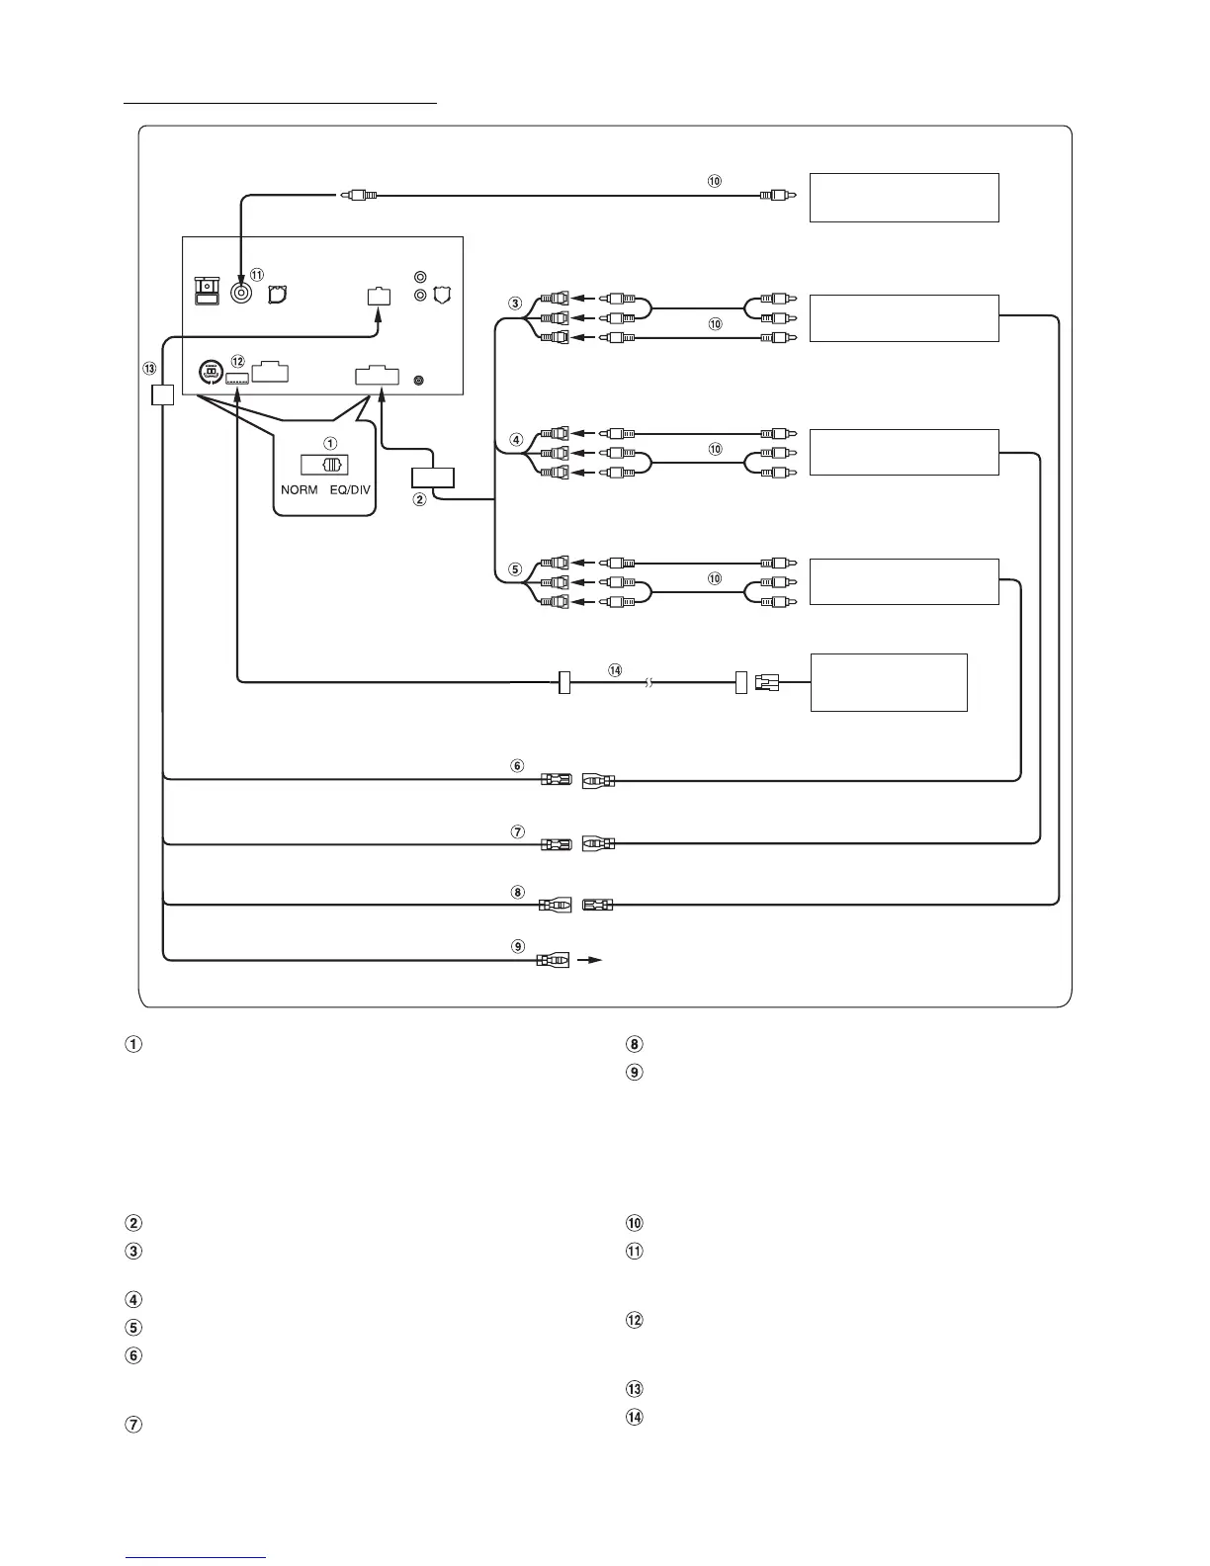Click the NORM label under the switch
point(300,489)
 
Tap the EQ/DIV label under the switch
point(351,489)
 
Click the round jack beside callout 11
point(240,292)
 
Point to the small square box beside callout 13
point(162,394)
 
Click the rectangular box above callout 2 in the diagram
point(432,478)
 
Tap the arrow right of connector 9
point(590,960)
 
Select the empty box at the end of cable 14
point(888,681)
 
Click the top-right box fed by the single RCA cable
point(904,198)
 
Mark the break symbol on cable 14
point(648,682)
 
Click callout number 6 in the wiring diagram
point(516,765)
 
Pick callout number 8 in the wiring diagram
point(517,892)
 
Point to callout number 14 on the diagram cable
point(615,669)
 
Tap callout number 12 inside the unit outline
point(237,362)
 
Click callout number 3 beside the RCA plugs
point(515,304)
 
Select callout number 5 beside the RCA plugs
point(515,569)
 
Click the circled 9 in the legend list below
point(635,1072)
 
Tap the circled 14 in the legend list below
point(635,1417)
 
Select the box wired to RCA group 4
point(904,453)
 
